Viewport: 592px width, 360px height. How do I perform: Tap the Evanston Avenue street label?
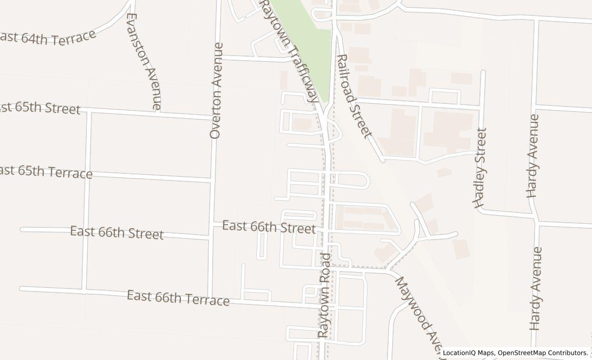(143, 61)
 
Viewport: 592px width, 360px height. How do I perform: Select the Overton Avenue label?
(217, 91)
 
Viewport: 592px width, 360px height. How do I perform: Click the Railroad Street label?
(353, 96)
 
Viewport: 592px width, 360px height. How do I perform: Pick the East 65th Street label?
(40, 109)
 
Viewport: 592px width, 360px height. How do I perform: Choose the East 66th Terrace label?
(178, 298)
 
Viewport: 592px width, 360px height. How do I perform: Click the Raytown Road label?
(324, 295)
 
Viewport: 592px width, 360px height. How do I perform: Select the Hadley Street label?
(480, 168)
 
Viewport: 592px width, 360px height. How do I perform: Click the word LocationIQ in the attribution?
(460, 353)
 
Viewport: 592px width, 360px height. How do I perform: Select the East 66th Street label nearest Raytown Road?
(269, 226)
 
